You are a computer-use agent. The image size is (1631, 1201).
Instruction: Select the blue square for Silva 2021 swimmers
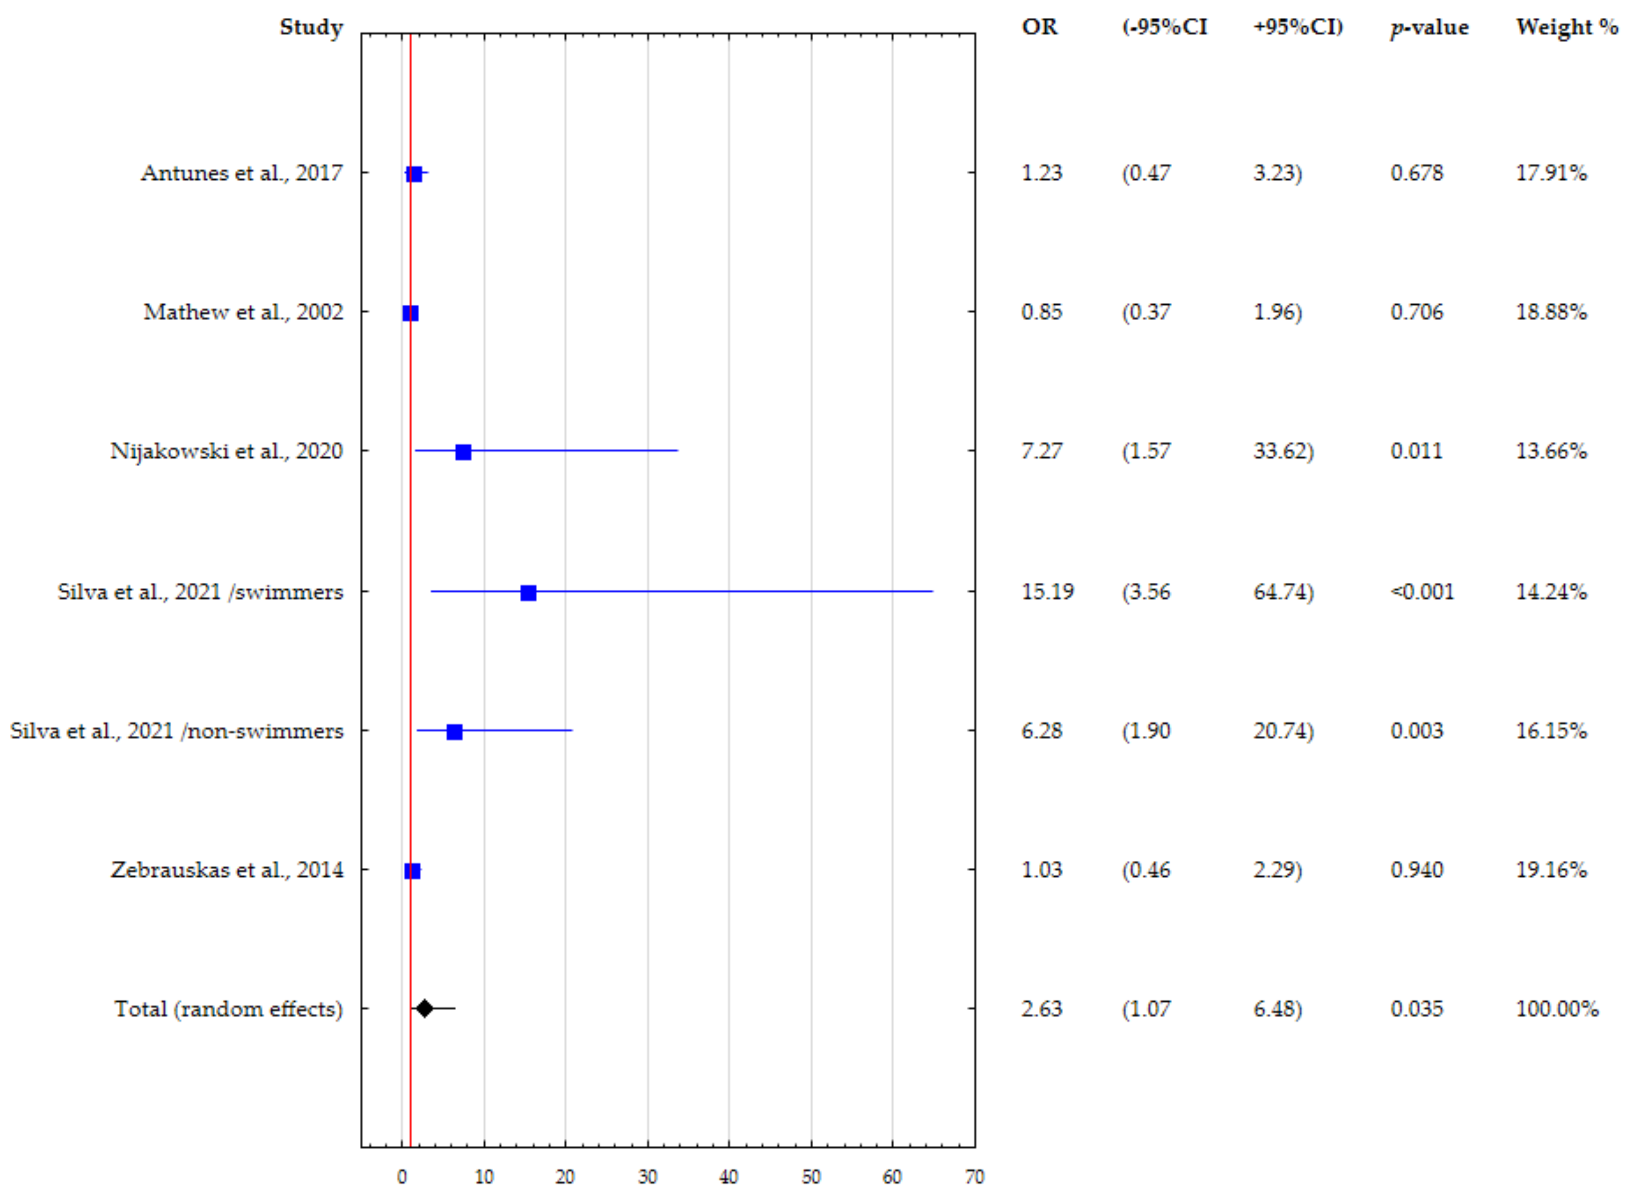[528, 592]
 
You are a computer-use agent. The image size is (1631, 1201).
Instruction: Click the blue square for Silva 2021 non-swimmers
[454, 731]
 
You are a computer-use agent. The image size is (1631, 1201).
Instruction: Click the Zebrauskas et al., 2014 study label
[227, 870]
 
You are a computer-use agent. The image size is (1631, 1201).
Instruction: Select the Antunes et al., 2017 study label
[241, 173]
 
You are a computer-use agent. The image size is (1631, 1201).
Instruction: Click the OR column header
[1039, 27]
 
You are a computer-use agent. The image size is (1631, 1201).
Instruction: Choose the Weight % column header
[1567, 27]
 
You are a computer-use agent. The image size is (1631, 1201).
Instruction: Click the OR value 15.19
[1047, 591]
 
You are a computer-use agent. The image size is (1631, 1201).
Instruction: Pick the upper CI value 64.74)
[1283, 591]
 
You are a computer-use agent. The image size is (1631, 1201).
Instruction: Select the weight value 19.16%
[1551, 870]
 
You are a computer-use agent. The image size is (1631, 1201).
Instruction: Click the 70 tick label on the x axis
[974, 1177]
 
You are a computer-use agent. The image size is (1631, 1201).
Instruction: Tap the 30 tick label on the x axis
[647, 1177]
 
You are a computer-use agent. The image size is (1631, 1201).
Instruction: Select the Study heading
[311, 27]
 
